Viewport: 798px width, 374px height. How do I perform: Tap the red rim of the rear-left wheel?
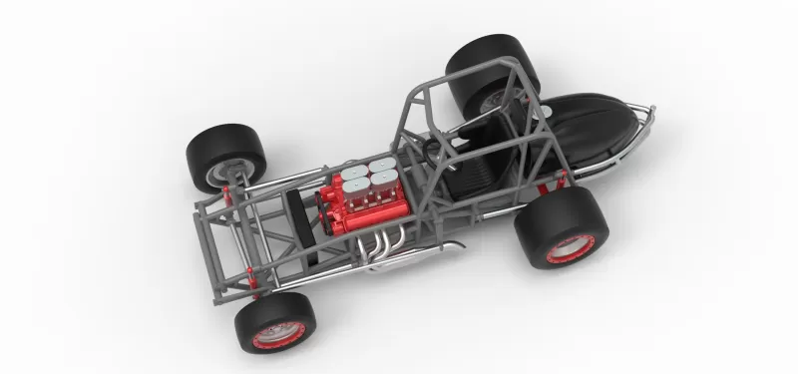(x=571, y=248)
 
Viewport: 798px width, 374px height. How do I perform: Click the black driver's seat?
(x=469, y=160)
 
